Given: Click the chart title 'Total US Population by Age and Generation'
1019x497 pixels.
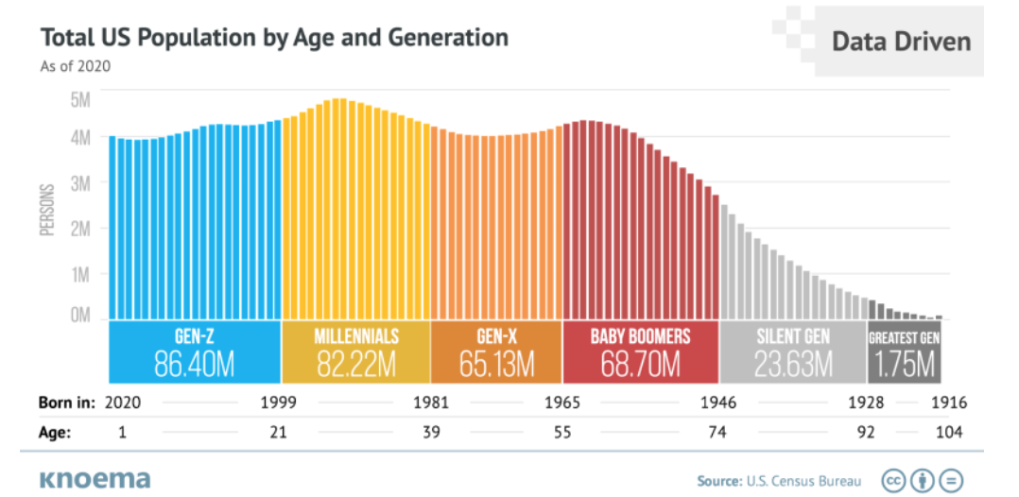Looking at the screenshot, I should [x=274, y=38].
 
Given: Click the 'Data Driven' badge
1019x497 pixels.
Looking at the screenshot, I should [x=900, y=42].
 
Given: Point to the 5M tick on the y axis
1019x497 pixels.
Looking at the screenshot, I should [x=79, y=98].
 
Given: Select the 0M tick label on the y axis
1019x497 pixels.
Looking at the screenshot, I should [x=79, y=315].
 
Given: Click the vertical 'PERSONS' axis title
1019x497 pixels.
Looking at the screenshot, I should [x=48, y=206].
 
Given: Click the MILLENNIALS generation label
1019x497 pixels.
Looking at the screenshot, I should [x=355, y=336].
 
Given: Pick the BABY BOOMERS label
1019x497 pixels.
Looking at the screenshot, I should [x=640, y=336].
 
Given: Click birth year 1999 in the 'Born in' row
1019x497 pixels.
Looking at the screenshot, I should [x=279, y=403].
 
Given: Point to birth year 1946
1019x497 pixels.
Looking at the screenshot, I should [x=717, y=403].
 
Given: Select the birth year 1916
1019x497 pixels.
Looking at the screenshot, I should [x=948, y=403].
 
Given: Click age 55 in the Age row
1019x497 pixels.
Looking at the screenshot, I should [x=562, y=433].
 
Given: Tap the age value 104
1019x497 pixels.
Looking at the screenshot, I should [x=948, y=433].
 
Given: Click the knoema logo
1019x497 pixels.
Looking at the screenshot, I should [x=95, y=479].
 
